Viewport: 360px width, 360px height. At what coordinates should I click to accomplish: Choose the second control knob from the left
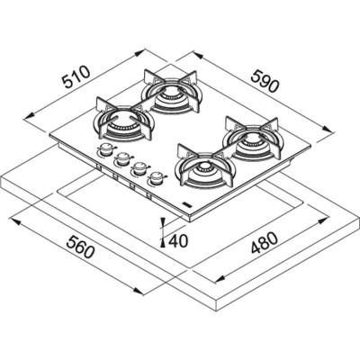pyautogui.click(x=121, y=160)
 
